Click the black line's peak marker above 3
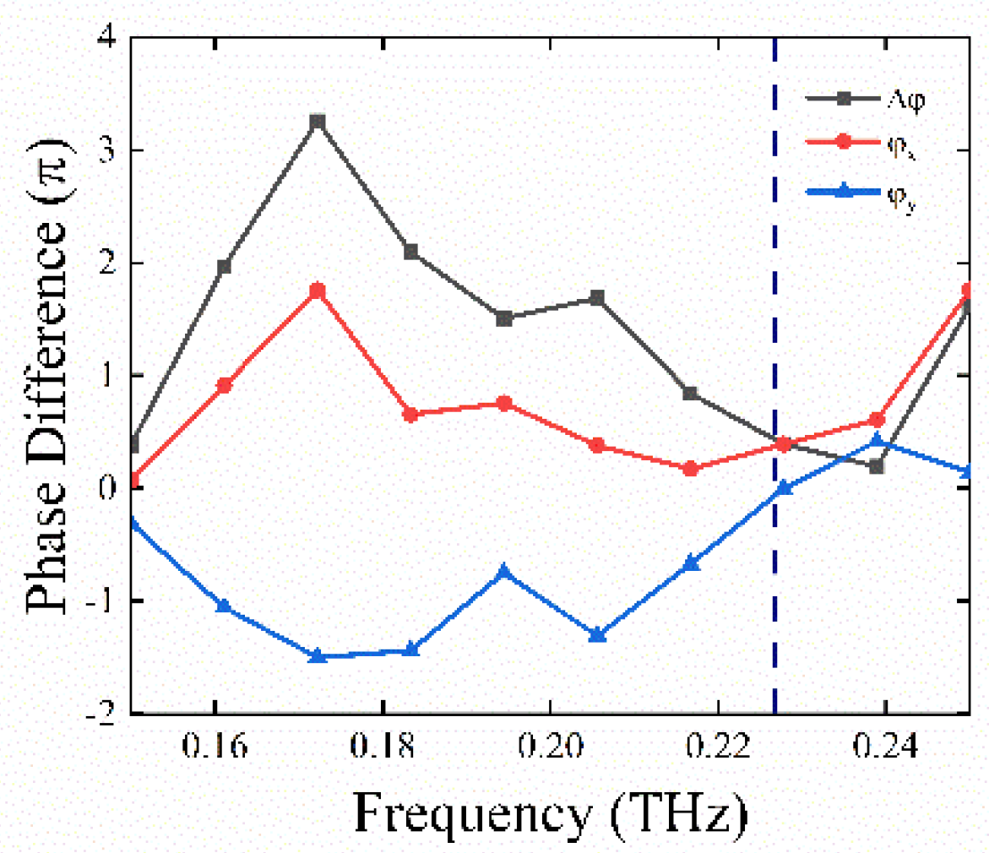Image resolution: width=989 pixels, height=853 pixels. pos(317,122)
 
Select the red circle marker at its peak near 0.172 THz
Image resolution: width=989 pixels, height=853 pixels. pos(317,291)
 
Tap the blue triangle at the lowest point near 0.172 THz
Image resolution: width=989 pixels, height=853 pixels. pos(317,655)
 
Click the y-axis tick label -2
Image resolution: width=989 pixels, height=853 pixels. pos(101,714)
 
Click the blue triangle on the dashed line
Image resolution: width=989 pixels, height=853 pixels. pos(784,487)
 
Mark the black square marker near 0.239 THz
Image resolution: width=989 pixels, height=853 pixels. pos(877,466)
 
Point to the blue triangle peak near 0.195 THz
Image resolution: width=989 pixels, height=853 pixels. pos(504,572)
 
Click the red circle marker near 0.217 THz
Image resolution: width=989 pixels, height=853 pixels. pos(690,469)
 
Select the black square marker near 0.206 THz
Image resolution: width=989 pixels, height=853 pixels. pos(597,298)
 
